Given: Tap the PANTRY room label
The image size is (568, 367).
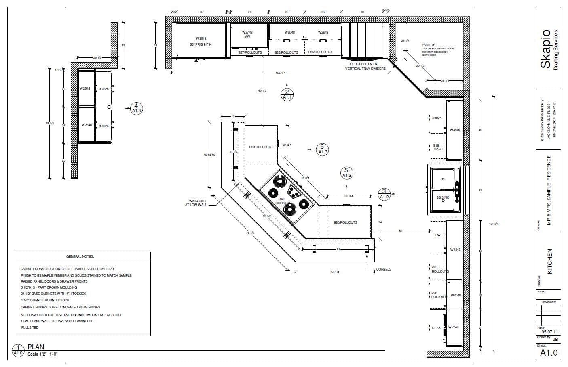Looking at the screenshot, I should (x=428, y=45).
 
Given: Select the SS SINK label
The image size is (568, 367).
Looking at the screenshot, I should (x=443, y=197).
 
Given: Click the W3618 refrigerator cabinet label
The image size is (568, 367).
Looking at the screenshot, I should (x=201, y=39).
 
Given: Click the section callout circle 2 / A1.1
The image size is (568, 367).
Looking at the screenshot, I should (x=287, y=94).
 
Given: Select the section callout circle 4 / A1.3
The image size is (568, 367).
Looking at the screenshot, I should (x=136, y=108).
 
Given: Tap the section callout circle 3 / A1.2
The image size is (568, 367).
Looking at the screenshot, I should (x=384, y=194).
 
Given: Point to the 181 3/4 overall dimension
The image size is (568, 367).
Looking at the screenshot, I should (x=493, y=224).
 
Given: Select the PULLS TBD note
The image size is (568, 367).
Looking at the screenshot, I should (x=30, y=327).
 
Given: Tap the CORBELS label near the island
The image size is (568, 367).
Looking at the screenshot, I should (x=384, y=269).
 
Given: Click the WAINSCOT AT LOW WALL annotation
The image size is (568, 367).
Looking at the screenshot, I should (x=198, y=203).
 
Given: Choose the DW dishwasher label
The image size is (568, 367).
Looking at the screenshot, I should (x=438, y=235).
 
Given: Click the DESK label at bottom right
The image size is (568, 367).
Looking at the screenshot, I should (x=436, y=328).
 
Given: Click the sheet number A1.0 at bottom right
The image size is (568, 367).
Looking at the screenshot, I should (x=549, y=352).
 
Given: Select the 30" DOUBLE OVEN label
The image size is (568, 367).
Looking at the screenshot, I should (x=365, y=66).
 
